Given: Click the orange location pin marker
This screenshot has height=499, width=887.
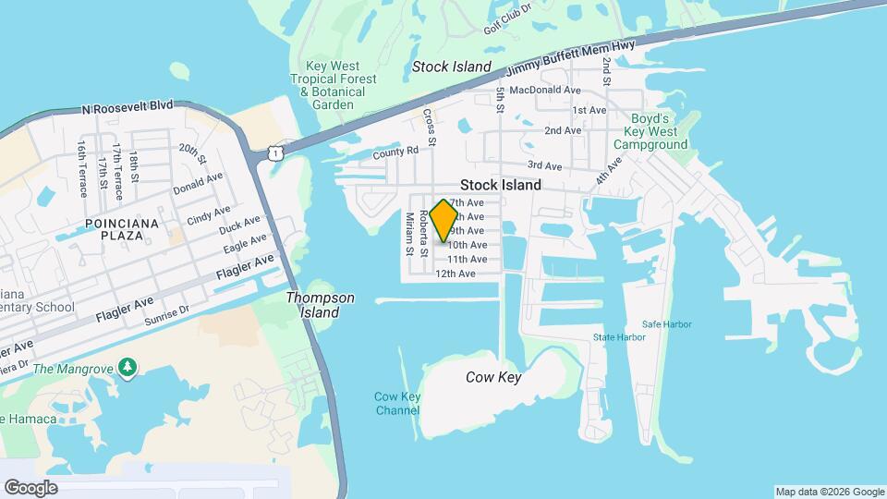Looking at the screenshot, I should pos(444,220).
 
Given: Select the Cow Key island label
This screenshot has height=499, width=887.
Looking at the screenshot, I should pos(493,377).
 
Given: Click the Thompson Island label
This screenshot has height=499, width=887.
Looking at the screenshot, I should pos(320,305).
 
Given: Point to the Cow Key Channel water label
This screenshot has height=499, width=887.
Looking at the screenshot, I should pos(397,404).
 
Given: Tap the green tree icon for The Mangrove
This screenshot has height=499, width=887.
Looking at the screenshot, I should pos(128,370).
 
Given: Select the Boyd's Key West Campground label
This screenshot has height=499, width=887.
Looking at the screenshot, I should pos(658,131).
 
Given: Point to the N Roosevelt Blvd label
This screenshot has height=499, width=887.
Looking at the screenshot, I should pos(128,107).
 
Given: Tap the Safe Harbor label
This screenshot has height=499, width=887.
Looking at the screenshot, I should pos(667,324).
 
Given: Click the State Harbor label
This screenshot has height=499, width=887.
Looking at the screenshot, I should pos(619,337).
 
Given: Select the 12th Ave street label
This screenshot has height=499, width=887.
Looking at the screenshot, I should pos(456,274).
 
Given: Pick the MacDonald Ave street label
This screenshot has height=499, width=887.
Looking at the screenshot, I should pos(544,91).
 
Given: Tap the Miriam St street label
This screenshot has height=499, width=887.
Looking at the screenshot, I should pos(408,234).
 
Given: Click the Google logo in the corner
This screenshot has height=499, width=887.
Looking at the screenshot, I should pos(30,488).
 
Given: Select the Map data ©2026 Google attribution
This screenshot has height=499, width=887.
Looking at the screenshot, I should pos(830,492).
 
